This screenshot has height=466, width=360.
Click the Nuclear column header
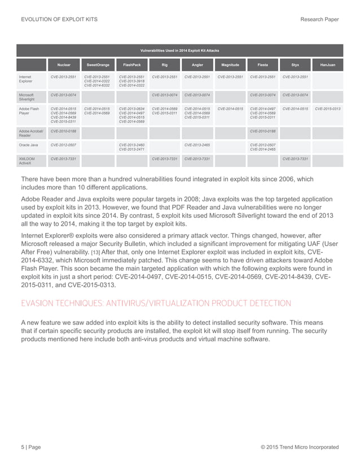click(x=64, y=65)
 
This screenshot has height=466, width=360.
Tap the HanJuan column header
click(x=327, y=65)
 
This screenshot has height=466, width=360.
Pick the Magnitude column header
click(x=230, y=65)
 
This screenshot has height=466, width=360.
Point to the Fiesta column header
click(x=262, y=65)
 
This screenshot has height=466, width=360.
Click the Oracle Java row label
click(x=30, y=145)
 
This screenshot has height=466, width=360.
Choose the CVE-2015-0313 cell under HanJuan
click(x=327, y=108)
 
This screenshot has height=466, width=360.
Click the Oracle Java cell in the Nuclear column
click(x=64, y=145)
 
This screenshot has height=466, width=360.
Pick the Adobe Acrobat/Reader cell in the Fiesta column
click(x=262, y=131)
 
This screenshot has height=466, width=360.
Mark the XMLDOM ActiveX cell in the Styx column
click(x=295, y=159)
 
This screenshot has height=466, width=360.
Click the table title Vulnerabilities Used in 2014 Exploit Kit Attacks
click(x=179, y=50)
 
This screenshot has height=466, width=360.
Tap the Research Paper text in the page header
click(x=320, y=20)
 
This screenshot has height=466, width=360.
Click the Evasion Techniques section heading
click(x=155, y=303)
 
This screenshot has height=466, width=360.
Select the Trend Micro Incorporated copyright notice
click(x=299, y=447)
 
